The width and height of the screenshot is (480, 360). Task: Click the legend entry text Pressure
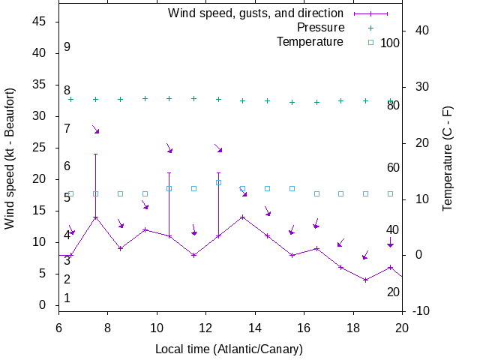click(x=320, y=27)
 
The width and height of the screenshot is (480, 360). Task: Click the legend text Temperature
click(x=310, y=41)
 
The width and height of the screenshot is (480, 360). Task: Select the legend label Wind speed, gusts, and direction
click(x=256, y=13)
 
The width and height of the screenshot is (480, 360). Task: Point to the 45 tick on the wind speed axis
click(x=40, y=22)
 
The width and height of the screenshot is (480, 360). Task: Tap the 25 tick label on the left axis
click(x=40, y=148)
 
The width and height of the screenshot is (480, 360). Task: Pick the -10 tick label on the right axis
click(x=421, y=311)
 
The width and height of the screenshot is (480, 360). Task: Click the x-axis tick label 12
click(x=206, y=327)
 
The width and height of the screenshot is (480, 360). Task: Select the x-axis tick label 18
click(x=353, y=327)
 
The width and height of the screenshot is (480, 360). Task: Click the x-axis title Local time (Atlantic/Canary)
click(x=229, y=349)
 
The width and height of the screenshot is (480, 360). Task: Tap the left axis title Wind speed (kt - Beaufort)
click(x=10, y=166)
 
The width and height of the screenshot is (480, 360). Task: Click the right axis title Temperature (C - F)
click(x=448, y=166)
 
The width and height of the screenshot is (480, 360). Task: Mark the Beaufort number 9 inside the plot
click(x=67, y=47)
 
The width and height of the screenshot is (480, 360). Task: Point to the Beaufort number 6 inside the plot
click(x=67, y=166)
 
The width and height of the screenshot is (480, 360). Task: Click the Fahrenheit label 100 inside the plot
click(x=390, y=43)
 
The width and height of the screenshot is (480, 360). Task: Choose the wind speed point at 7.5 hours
click(x=95, y=217)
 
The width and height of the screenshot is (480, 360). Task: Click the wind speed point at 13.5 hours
click(x=243, y=217)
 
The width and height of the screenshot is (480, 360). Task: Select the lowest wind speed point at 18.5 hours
click(x=365, y=280)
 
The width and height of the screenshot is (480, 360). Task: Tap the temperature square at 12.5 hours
click(x=218, y=182)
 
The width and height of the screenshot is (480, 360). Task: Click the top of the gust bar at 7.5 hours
click(x=95, y=154)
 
